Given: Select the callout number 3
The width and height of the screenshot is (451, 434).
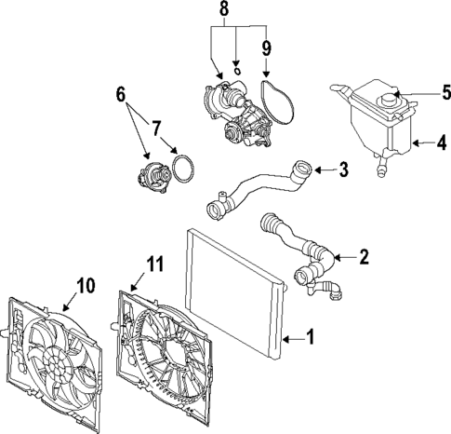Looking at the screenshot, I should click(343, 170).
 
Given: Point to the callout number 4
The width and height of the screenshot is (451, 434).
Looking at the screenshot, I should click(441, 143).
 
